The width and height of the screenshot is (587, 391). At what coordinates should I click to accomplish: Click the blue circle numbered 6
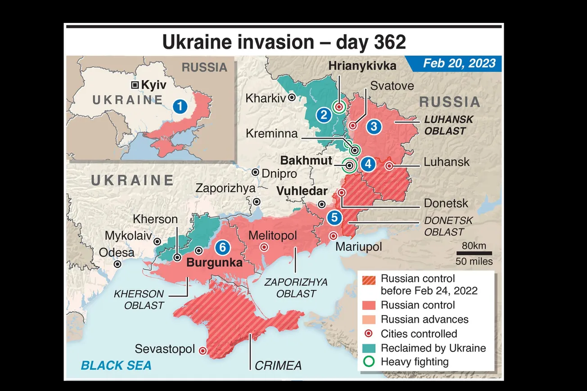point(222,247)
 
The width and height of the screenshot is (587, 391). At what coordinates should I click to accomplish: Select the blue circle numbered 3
point(373,126)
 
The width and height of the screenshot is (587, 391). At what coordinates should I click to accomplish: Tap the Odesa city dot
point(117,264)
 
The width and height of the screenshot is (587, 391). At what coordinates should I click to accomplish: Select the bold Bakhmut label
point(306,161)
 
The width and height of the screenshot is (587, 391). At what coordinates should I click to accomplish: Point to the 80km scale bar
point(474,253)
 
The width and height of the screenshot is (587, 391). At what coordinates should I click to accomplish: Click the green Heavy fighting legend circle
point(369,362)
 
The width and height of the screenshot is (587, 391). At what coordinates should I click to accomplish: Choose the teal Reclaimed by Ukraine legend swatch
point(369,348)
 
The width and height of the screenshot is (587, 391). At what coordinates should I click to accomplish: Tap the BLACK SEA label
point(116,364)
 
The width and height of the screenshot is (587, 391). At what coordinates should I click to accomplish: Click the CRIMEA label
point(278,365)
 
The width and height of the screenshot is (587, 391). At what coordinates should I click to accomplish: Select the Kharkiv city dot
point(292,97)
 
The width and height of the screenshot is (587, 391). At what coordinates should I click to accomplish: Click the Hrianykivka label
point(362,66)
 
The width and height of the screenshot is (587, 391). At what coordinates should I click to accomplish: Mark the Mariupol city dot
point(333,236)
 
